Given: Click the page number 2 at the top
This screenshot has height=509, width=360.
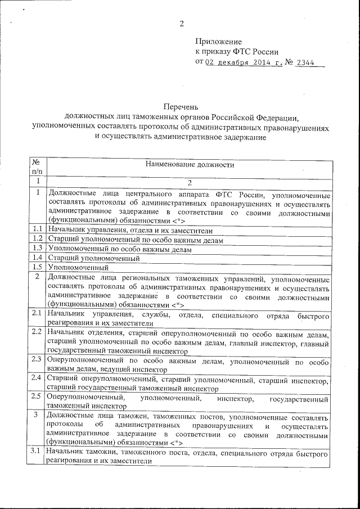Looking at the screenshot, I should (182, 24).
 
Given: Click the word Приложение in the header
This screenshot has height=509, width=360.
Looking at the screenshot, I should (218, 42).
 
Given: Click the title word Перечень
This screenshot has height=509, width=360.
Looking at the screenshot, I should (181, 106).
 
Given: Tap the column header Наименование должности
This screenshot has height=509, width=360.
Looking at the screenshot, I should (190, 165).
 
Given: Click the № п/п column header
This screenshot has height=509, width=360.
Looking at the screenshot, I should (37, 165).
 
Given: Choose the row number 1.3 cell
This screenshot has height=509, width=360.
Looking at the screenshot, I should (37, 249).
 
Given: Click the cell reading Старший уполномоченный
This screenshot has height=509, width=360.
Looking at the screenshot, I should (93, 258).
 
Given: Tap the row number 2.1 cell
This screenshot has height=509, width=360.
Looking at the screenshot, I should (37, 312).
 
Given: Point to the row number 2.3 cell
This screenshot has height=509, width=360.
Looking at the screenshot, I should (37, 359).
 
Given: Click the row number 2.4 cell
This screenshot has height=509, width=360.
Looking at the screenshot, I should (37, 377).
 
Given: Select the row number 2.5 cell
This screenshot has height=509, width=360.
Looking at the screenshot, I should (37, 396).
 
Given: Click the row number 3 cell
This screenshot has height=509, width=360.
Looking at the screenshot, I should (37, 415).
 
